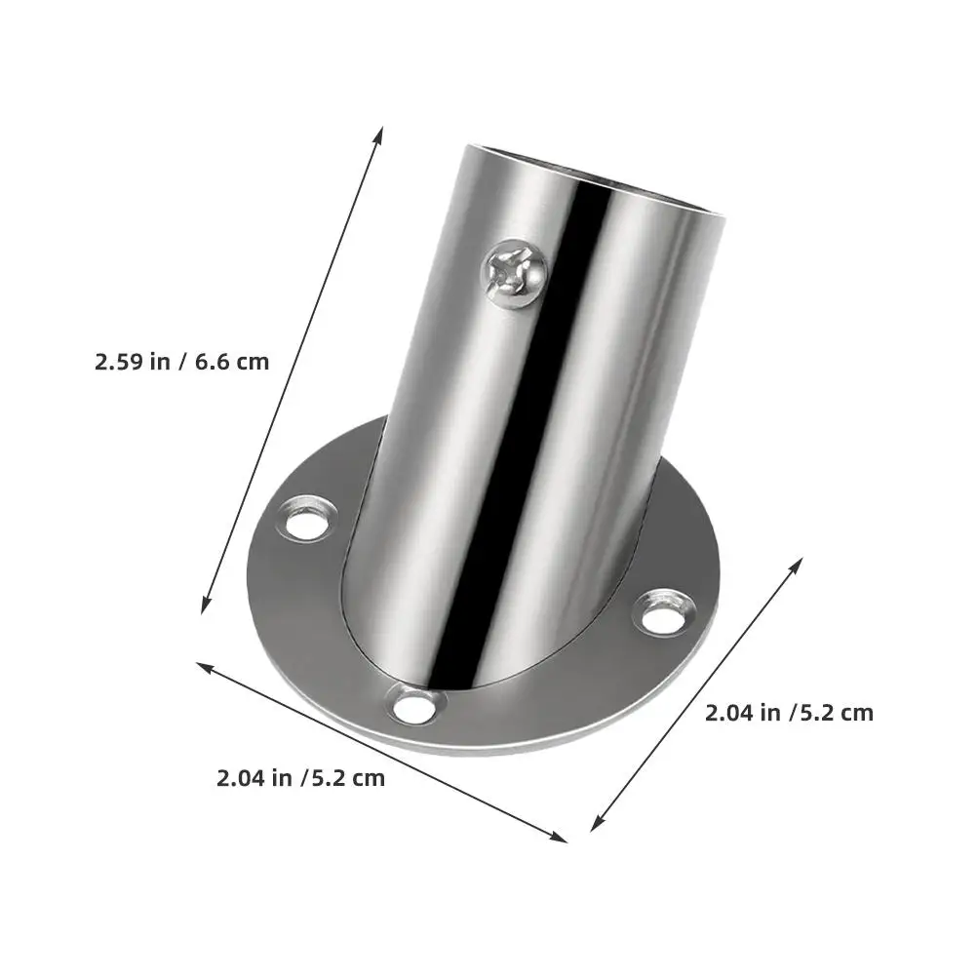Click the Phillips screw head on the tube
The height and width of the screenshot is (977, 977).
pyautogui.click(x=515, y=272)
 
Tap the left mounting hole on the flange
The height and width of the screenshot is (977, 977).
pyautogui.click(x=306, y=519)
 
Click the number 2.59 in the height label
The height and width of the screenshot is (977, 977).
pyautogui.click(x=119, y=362)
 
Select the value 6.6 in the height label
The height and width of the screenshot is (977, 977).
pyautogui.click(x=212, y=362)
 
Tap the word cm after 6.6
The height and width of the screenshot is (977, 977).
pyautogui.click(x=252, y=362)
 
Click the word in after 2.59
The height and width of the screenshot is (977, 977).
pyautogui.click(x=160, y=362)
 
